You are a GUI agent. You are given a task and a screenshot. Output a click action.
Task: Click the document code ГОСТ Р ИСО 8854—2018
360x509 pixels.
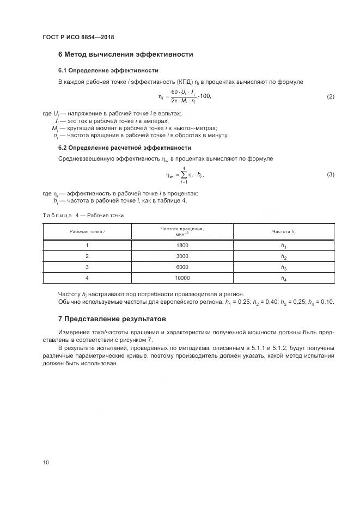78,37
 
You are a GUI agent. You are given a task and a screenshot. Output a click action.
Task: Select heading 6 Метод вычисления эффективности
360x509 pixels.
125,54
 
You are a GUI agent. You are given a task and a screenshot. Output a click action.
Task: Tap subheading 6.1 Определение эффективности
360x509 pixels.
108,70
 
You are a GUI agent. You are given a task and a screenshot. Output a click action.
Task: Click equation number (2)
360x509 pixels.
330,97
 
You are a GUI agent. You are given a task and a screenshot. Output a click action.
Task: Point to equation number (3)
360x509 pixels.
330,174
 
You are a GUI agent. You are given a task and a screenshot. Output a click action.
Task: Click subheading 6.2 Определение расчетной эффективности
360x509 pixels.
124,148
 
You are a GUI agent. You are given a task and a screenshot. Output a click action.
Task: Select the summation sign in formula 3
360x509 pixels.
184,175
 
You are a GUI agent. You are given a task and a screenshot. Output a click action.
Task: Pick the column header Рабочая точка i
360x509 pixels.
87,232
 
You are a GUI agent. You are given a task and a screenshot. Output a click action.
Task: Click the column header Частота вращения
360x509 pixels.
182,229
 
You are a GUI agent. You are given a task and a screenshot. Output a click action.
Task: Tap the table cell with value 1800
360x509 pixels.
182,246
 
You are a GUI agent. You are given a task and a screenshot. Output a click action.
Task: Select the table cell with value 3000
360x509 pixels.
182,256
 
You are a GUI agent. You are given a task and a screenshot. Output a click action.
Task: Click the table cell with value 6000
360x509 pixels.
182,267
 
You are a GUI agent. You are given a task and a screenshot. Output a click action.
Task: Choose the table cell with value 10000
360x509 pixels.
182,278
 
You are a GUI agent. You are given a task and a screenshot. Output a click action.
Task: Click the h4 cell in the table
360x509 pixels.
283,279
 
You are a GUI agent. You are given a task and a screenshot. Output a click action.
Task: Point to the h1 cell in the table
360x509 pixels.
283,246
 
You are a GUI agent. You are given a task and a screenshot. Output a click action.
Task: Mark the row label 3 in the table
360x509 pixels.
87,267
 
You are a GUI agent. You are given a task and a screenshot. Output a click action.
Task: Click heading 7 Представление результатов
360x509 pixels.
112,318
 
